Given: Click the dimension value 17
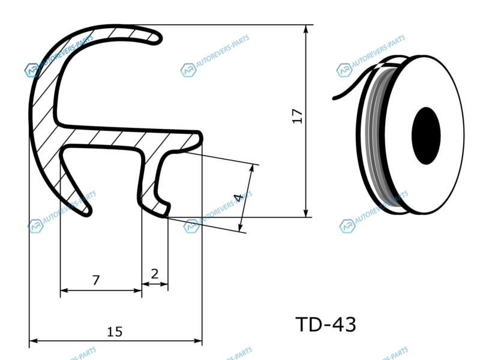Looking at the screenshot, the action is tap(297, 116).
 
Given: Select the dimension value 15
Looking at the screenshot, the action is tap(115, 332).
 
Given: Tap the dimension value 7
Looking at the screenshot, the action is tap(96, 280).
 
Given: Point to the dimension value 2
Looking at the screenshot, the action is tap(155, 274).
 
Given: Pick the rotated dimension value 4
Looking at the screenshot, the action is tap(238, 198).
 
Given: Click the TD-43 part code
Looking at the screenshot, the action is tap(326, 324).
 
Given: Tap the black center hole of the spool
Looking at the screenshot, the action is tap(426, 136).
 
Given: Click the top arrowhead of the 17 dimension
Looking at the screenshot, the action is tap(305, 29).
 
